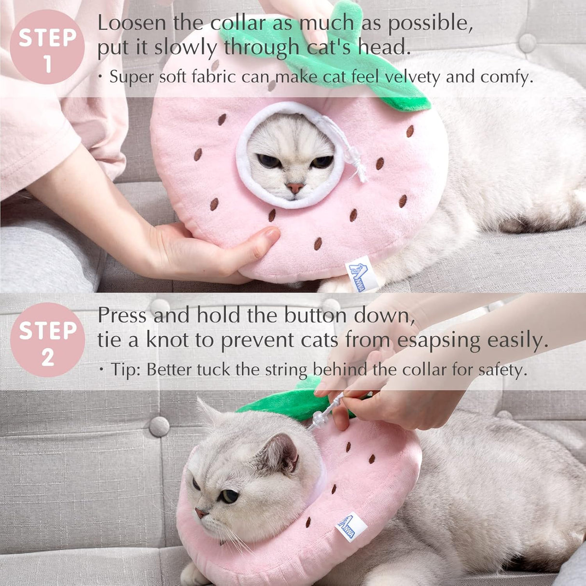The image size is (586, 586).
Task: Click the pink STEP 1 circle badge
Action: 47,47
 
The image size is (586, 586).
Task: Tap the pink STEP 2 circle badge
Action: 47,340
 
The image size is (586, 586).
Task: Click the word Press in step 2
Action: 122,315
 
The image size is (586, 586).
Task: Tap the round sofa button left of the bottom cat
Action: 159,426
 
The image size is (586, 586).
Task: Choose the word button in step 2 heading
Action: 316,315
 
